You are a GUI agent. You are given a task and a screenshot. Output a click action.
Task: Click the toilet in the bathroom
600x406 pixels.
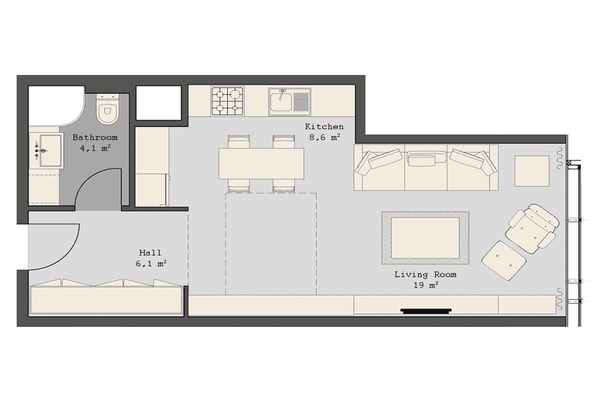[x=108, y=109]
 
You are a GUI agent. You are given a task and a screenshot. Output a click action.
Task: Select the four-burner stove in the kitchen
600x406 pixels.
[x=228, y=101]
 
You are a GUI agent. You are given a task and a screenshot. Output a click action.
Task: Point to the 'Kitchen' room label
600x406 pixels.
[x=324, y=127]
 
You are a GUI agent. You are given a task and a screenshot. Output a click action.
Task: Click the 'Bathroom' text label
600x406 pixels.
[x=95, y=137]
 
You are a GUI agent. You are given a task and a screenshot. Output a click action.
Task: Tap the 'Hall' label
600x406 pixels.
[x=150, y=252]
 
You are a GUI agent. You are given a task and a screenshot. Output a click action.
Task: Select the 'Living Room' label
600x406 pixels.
[x=425, y=274]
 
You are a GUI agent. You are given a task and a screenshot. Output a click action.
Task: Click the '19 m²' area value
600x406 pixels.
[x=425, y=286]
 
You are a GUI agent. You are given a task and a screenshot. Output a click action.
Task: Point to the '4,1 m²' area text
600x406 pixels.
[x=95, y=148]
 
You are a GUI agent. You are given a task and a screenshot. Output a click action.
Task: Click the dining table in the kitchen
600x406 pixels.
[x=261, y=163]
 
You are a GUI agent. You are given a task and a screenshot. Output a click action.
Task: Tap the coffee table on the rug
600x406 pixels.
[x=425, y=238]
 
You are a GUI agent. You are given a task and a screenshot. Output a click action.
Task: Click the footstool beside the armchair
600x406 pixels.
[x=503, y=261]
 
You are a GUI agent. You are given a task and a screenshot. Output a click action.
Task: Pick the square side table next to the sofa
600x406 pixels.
[x=532, y=171]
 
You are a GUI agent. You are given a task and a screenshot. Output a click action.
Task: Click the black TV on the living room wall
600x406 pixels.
[x=426, y=311]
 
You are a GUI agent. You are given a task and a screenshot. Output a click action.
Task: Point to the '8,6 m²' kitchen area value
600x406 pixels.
[x=325, y=137]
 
